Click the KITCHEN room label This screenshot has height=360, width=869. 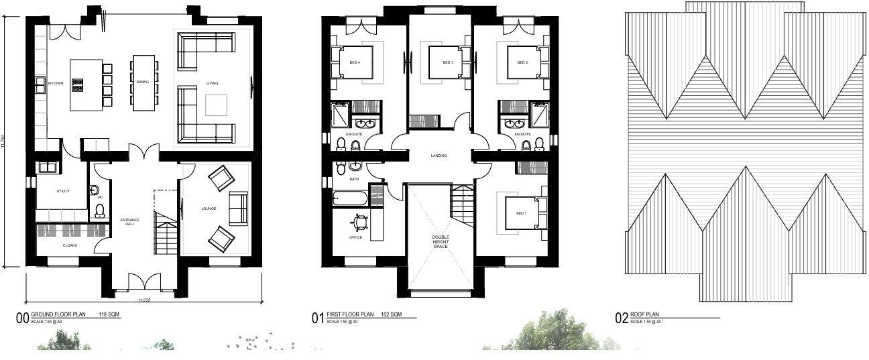pos(56,83)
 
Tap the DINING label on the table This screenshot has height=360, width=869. pos(143,82)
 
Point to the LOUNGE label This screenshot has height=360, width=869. pos(209,208)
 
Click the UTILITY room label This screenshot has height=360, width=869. pos(62,191)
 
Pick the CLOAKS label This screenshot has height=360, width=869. pos(70,245)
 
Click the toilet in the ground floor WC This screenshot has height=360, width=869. pos(100,211)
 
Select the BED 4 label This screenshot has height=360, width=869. pos(355,62)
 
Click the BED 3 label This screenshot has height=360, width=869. pos(448,62)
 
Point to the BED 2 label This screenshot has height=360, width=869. pos(523,62)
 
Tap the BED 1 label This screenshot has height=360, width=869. pos(521,213)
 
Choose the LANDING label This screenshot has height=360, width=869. pos(439,156)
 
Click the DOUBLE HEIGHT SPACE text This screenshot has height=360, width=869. pos(440,242)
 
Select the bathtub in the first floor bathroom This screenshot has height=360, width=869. pos(350,198)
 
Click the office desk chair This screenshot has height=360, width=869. pos(360,220)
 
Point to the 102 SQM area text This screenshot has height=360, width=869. pos(392,314)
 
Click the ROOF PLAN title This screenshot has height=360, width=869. pos(644,314)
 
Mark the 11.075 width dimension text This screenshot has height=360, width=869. pos(144,300)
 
